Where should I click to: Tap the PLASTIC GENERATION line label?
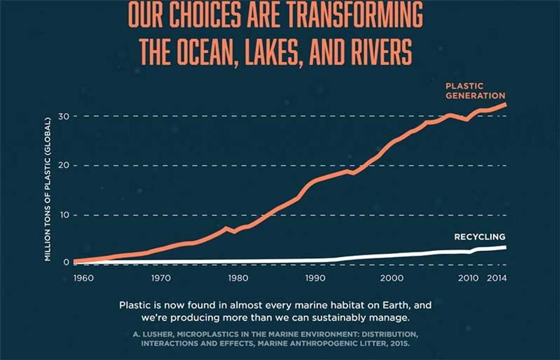[475, 91]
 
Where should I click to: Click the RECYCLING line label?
[479, 237]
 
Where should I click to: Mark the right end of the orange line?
[504, 105]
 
